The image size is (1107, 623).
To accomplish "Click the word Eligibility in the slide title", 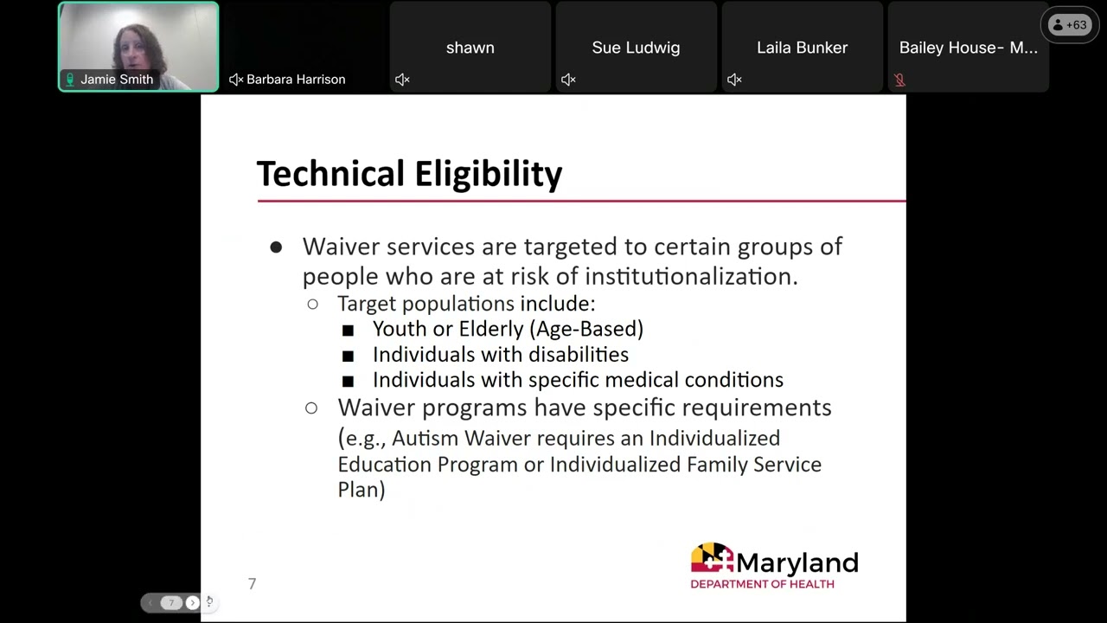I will pos(488,174).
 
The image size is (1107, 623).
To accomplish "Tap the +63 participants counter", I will pos(1069,25).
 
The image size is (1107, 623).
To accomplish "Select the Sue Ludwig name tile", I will pos(636,48).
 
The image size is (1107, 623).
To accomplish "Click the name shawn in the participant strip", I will pos(470,48).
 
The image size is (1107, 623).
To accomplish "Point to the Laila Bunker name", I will pos(802,48).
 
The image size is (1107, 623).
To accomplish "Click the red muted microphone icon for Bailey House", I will pos(899,80).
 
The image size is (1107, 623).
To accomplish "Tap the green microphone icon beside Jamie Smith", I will pos(70,80).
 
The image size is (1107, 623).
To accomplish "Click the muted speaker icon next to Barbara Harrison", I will pos(235,80).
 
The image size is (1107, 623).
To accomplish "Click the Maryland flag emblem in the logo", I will pos(712,559).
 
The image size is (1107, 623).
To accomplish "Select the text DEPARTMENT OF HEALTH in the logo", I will pos(762,584).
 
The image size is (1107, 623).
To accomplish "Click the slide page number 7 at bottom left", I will pos(252,584).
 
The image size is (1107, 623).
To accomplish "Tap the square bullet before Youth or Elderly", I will pos(348,330).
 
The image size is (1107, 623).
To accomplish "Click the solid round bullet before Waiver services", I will pos(276,247).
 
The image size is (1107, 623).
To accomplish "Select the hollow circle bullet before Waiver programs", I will pos(311,408).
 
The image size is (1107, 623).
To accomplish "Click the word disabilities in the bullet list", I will pos(578,355).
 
